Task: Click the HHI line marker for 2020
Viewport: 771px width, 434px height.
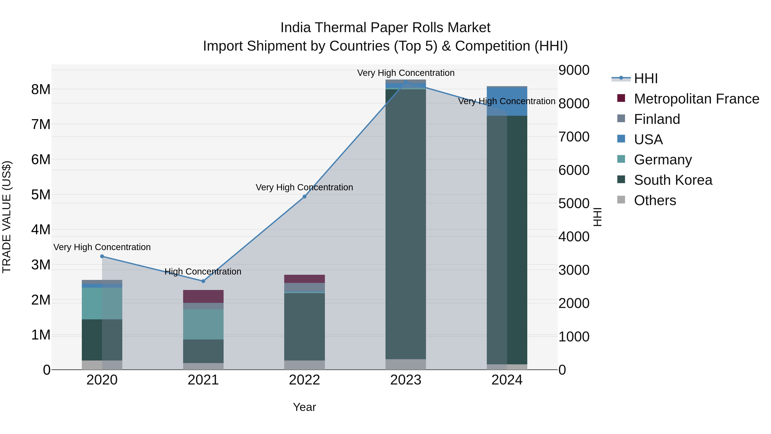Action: click(102, 256)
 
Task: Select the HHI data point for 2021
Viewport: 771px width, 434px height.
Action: click(203, 281)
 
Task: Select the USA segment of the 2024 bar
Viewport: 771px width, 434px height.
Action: click(507, 101)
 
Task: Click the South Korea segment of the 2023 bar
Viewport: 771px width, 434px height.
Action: click(406, 225)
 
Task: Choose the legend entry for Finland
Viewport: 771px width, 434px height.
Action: click(657, 119)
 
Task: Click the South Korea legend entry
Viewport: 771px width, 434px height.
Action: click(673, 180)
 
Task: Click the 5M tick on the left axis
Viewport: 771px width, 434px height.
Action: click(41, 195)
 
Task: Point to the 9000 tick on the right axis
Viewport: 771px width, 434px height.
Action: click(574, 70)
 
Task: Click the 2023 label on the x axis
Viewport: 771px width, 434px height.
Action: click(406, 380)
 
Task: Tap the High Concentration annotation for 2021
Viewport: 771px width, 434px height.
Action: click(203, 272)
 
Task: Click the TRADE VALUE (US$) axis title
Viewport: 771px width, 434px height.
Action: click(7, 217)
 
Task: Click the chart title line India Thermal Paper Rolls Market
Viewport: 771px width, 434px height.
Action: click(385, 28)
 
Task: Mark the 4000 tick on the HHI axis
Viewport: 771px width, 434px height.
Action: click(574, 237)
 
